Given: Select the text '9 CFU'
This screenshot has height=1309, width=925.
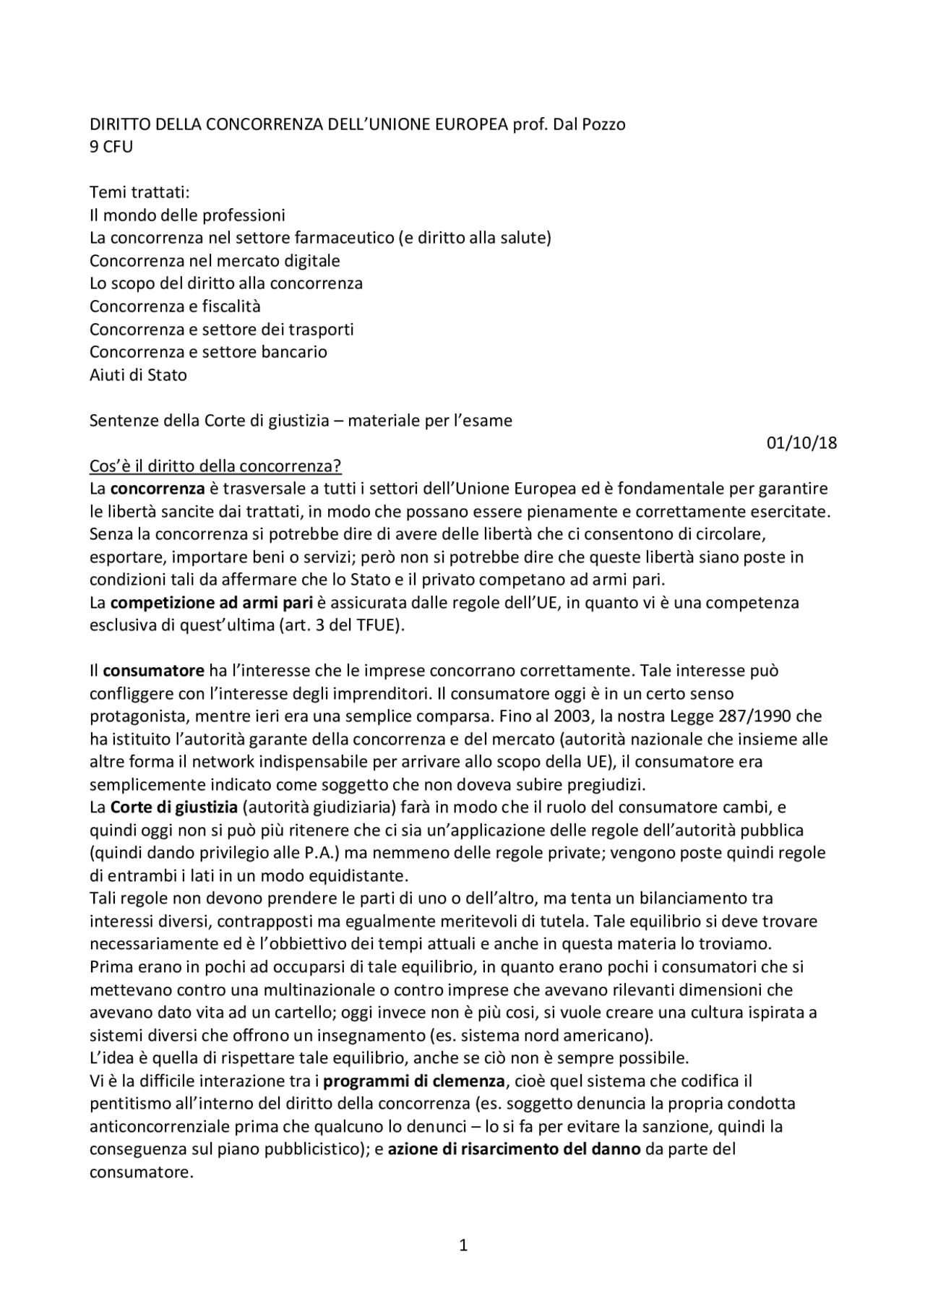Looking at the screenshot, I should pos(111,147).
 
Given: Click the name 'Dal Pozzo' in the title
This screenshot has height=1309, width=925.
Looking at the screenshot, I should pos(589,124).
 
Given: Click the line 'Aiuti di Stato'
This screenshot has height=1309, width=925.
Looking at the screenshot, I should pos(138,375).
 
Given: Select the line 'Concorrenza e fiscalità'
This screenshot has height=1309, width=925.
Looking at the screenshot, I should pos(175,306).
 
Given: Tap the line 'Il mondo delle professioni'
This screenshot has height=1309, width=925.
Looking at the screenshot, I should pos(187,215).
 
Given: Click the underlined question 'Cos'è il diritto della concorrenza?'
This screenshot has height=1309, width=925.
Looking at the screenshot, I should pos(220,465).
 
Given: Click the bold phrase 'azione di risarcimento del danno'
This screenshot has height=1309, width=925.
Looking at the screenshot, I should pos(514,1149).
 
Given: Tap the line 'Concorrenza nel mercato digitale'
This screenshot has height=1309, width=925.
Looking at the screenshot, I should pos(215,261).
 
